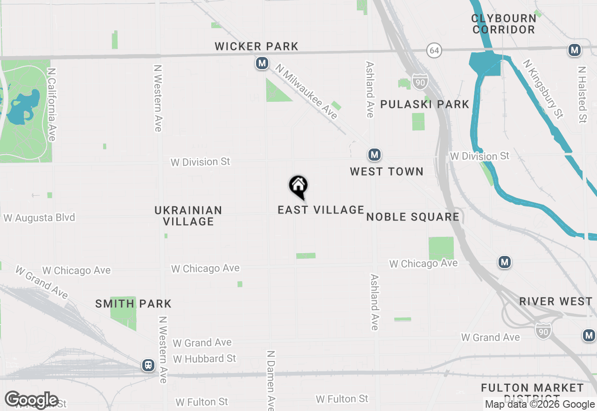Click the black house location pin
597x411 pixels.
pyautogui.click(x=298, y=186)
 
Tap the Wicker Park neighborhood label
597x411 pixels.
pyautogui.click(x=257, y=47)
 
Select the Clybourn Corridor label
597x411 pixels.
pyautogui.click(x=504, y=24)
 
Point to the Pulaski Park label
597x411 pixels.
pyautogui.click(x=424, y=104)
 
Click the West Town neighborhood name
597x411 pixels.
pyautogui.click(x=387, y=172)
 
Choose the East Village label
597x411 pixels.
pyautogui.click(x=321, y=210)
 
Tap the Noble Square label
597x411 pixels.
pyautogui.click(x=413, y=217)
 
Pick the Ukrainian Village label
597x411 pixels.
pyautogui.click(x=188, y=216)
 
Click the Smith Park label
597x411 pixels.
pyautogui.click(x=133, y=304)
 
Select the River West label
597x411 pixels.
pyautogui.click(x=556, y=302)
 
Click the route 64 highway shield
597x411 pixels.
pyautogui.click(x=434, y=50)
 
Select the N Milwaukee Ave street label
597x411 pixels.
pyautogui.click(x=306, y=92)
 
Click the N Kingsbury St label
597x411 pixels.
pyautogui.click(x=543, y=89)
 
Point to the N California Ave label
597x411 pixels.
pyautogui.click(x=51, y=105)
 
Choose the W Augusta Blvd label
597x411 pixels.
pyautogui.click(x=39, y=218)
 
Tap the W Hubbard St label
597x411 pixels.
pyautogui.click(x=204, y=359)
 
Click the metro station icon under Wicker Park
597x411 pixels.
pyautogui.click(x=262, y=63)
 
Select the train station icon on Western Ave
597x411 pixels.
pyautogui.click(x=148, y=365)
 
